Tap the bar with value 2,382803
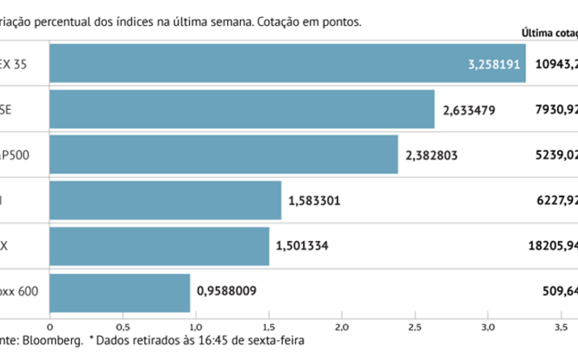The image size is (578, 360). pyautogui.click(x=224, y=155)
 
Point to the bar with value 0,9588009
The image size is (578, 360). pyautogui.click(x=120, y=292)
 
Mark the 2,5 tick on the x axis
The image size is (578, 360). pyautogui.click(x=415, y=326)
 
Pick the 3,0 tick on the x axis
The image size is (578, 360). pyautogui.click(x=487, y=326)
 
